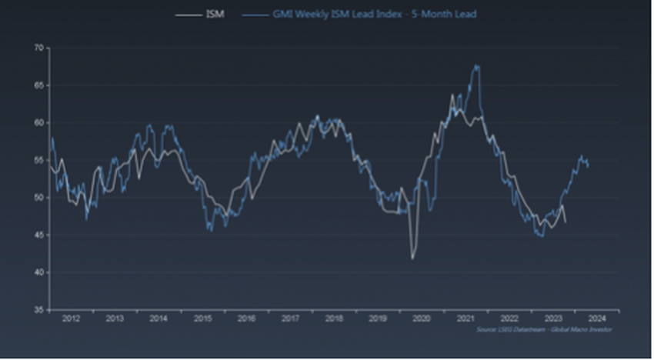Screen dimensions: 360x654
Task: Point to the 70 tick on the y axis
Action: point(38,48)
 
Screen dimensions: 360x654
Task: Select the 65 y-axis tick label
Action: point(38,85)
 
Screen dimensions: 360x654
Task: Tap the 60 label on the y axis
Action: point(38,123)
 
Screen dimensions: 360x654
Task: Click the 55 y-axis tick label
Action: point(38,160)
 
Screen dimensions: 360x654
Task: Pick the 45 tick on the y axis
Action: point(38,235)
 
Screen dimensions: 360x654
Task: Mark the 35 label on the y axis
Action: point(38,309)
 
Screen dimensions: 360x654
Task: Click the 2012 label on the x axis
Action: point(70,318)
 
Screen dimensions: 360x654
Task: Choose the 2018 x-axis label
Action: point(333,318)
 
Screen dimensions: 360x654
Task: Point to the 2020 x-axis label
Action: point(421,318)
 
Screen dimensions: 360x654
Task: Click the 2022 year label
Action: point(509,318)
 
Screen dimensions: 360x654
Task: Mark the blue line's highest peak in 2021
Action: point(477,65)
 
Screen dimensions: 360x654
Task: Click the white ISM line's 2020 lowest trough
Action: point(412,258)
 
